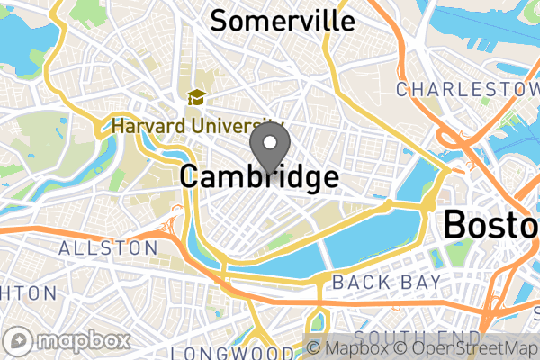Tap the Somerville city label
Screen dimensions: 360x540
[282, 21]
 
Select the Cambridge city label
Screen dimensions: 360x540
[259, 176]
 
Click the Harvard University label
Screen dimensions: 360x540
[193, 126]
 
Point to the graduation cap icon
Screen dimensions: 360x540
[194, 97]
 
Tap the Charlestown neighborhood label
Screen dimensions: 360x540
[466, 89]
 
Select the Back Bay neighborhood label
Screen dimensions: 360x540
[387, 283]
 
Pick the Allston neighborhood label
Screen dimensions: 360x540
[108, 247]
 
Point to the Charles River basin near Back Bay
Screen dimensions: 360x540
[360, 243]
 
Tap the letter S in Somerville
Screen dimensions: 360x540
[218, 21]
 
